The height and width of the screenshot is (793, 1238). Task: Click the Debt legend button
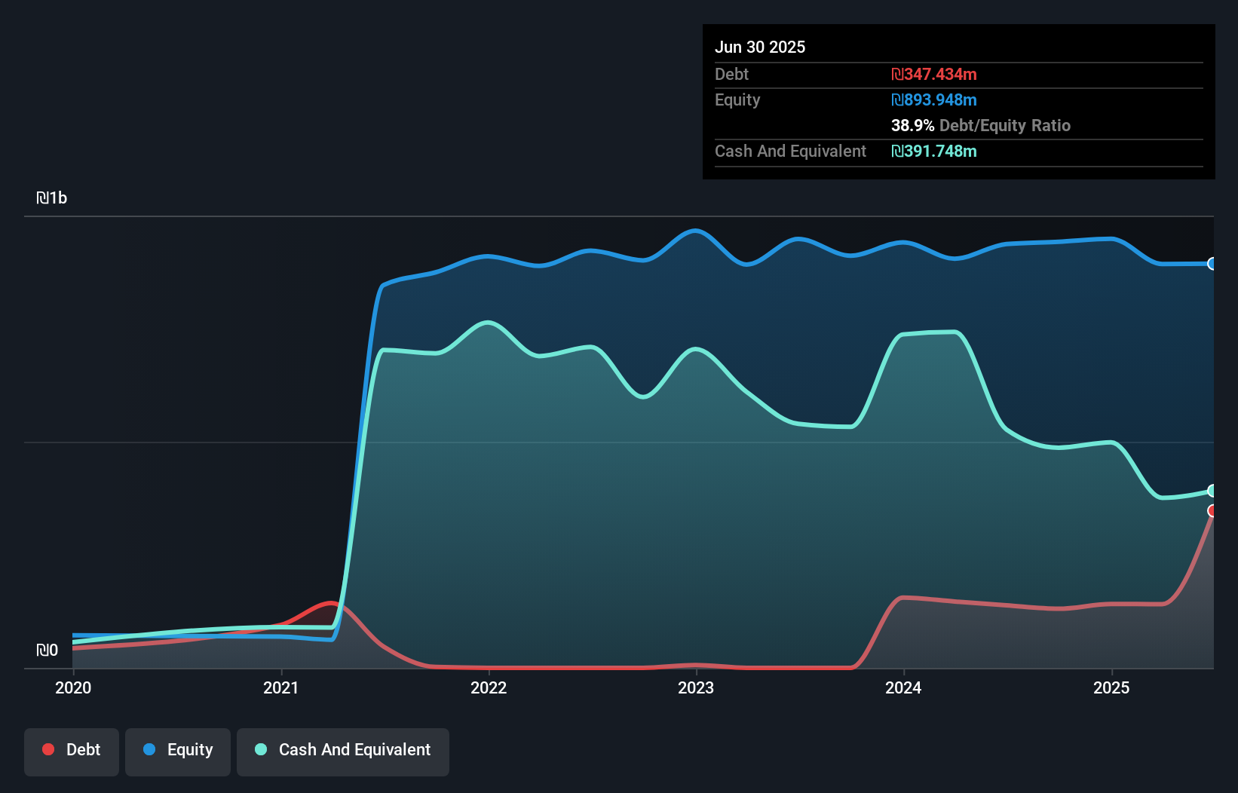tap(72, 751)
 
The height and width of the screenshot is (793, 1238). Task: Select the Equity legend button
tap(178, 751)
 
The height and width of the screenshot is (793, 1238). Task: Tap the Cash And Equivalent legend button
tap(343, 751)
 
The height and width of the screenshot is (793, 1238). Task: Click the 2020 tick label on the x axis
tap(73, 687)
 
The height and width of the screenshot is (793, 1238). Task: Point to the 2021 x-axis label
tap(280, 687)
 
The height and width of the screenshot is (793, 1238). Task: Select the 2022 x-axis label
tap(489, 687)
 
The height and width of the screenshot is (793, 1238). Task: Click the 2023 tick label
tap(696, 687)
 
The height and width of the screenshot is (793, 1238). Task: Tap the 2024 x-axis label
tap(903, 687)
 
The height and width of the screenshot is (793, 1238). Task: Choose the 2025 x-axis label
tap(1111, 687)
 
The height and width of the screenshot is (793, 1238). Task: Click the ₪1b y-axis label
tap(51, 198)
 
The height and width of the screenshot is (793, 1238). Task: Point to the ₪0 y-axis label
tap(47, 651)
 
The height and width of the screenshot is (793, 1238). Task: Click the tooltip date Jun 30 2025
tap(760, 47)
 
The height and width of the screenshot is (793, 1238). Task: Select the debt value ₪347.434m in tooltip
tap(933, 75)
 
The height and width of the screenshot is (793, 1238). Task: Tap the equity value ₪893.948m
tap(933, 100)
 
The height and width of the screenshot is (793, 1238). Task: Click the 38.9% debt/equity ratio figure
tap(912, 126)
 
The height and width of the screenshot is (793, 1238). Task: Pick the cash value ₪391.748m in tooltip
tap(933, 152)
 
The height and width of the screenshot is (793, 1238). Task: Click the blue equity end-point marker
tap(1212, 264)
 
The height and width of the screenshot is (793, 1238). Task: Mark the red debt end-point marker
tap(1212, 511)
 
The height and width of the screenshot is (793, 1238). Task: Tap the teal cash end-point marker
tap(1212, 491)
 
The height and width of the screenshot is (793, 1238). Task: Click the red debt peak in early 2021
tap(330, 603)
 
